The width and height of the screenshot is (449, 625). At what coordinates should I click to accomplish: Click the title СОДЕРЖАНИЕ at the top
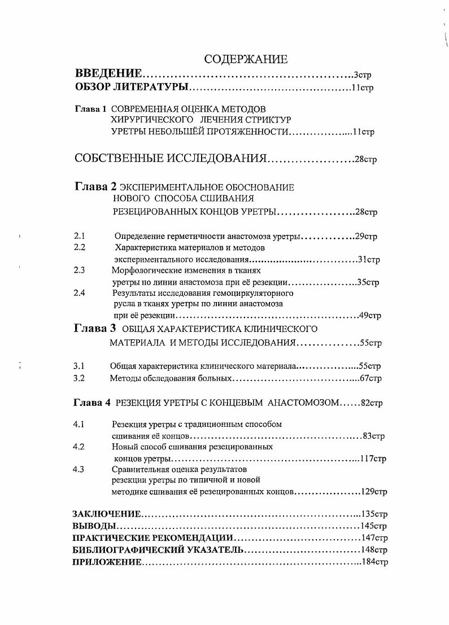[x=246, y=59]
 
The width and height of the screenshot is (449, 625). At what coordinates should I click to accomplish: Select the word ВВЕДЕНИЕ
[x=108, y=75]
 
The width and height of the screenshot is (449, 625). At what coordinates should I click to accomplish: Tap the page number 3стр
[x=362, y=75]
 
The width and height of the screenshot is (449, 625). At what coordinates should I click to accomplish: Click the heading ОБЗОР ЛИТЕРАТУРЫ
[x=132, y=88]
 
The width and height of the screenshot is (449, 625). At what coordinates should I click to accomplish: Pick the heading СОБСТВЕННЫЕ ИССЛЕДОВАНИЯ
[x=170, y=158]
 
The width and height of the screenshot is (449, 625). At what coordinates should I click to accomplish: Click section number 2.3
[x=79, y=270]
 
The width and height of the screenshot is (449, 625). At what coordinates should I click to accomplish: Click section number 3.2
[x=79, y=378]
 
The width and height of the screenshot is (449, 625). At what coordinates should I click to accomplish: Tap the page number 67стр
[x=371, y=378]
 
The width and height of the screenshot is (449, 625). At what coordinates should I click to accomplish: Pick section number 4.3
[x=79, y=469]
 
